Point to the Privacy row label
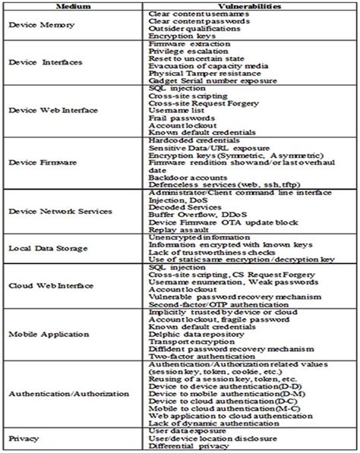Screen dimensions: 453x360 point(24,439)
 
